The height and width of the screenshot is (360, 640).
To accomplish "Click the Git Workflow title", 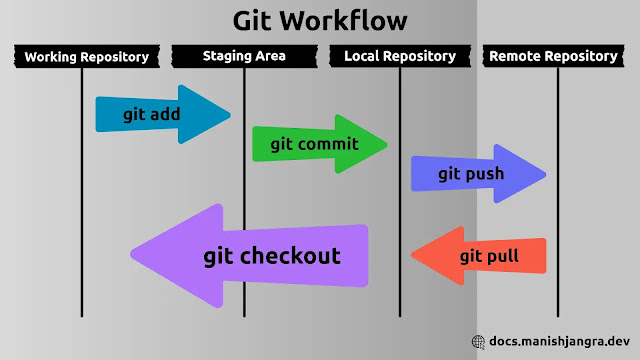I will tap(320, 20).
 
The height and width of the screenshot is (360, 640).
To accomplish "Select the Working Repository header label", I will tap(86, 57).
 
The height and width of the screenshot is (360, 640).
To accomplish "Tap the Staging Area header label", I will tap(243, 56).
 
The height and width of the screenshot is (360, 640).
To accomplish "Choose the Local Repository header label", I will tap(399, 57).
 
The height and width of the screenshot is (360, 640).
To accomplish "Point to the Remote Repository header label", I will tap(553, 56).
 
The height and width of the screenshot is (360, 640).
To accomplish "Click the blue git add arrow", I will tap(160, 114).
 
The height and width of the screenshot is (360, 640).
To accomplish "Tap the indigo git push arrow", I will tap(476, 174).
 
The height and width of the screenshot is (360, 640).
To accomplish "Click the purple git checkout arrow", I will tap(260, 256).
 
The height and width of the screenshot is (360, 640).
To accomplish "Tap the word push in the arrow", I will tap(485, 174).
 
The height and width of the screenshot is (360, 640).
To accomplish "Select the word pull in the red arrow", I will tap(503, 256).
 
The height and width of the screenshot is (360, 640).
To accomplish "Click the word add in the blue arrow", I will tap(165, 114).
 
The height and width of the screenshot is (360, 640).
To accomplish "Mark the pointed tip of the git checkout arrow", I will tap(133, 255).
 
